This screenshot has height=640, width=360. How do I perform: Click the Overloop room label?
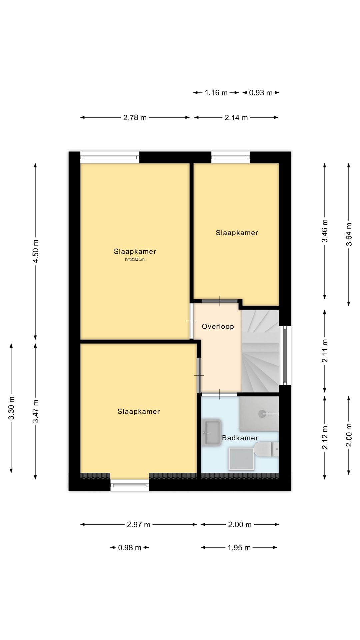click(218, 327)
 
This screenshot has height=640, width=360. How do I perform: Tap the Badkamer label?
click(240, 438)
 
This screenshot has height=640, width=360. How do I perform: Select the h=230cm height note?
click(135, 260)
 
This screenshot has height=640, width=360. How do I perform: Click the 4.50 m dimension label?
click(36, 251)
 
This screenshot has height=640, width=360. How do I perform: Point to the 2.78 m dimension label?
click(135, 118)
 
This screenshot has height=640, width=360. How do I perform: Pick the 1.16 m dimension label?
click(216, 93)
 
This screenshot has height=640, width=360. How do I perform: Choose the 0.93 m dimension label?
click(261, 93)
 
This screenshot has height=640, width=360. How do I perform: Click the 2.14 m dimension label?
click(236, 118)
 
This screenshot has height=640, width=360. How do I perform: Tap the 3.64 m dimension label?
click(349, 234)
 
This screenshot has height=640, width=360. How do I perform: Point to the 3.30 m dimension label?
click(11, 408)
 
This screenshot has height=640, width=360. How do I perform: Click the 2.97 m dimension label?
click(139, 525)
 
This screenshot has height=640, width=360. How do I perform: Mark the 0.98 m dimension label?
click(130, 548)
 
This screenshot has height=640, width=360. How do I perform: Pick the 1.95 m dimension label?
click(239, 548)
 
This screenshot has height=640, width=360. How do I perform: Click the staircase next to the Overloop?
click(260, 350)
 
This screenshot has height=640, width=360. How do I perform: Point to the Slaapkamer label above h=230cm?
click(135, 252)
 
